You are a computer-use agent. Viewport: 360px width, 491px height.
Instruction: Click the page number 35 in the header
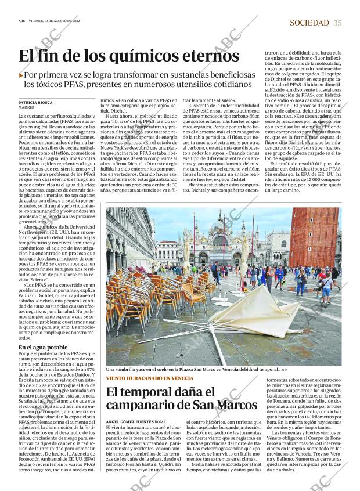[x=338, y=23]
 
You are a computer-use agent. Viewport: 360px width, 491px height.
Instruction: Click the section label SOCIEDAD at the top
[x=310, y=23]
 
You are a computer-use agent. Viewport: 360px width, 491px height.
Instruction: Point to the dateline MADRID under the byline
[x=27, y=107]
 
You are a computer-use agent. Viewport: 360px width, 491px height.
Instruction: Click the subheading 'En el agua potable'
[x=43, y=348]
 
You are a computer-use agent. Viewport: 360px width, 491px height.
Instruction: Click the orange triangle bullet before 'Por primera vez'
[x=21, y=75]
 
